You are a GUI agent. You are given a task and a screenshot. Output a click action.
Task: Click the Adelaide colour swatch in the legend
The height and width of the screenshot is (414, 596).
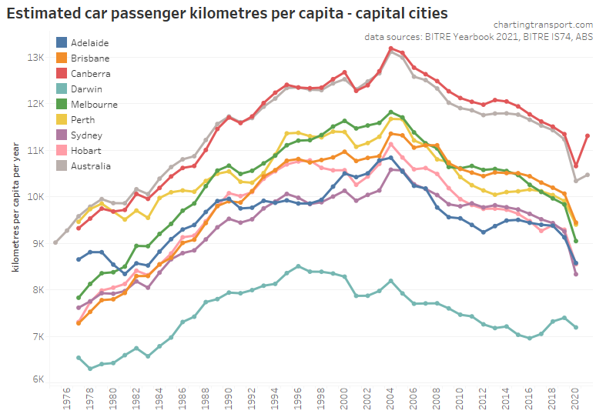click(x=62, y=43)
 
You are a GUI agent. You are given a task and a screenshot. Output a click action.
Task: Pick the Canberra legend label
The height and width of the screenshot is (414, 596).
click(x=90, y=74)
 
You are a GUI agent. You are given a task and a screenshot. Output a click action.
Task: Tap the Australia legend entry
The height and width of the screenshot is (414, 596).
click(x=90, y=166)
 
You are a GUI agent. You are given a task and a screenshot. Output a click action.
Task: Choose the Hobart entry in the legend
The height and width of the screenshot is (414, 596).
click(x=85, y=151)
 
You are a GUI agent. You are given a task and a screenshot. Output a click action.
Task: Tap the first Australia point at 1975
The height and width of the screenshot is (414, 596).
click(x=55, y=242)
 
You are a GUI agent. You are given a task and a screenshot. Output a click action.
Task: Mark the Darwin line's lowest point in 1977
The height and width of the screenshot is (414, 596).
click(x=90, y=369)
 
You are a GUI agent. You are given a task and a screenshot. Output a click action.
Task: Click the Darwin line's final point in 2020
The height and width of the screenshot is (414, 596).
click(x=576, y=327)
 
